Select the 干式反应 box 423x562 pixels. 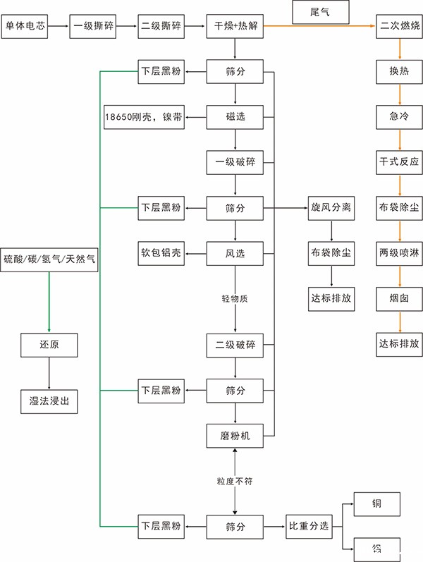[x=400, y=162]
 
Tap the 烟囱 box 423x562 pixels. [x=400, y=298]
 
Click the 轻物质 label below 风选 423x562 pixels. [x=235, y=299]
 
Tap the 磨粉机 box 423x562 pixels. [x=235, y=436]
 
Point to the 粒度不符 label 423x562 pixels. [x=235, y=481]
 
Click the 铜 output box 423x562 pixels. [x=377, y=505]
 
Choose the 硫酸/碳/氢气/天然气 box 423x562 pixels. [x=49, y=259]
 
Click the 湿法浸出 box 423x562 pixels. [x=49, y=401]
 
